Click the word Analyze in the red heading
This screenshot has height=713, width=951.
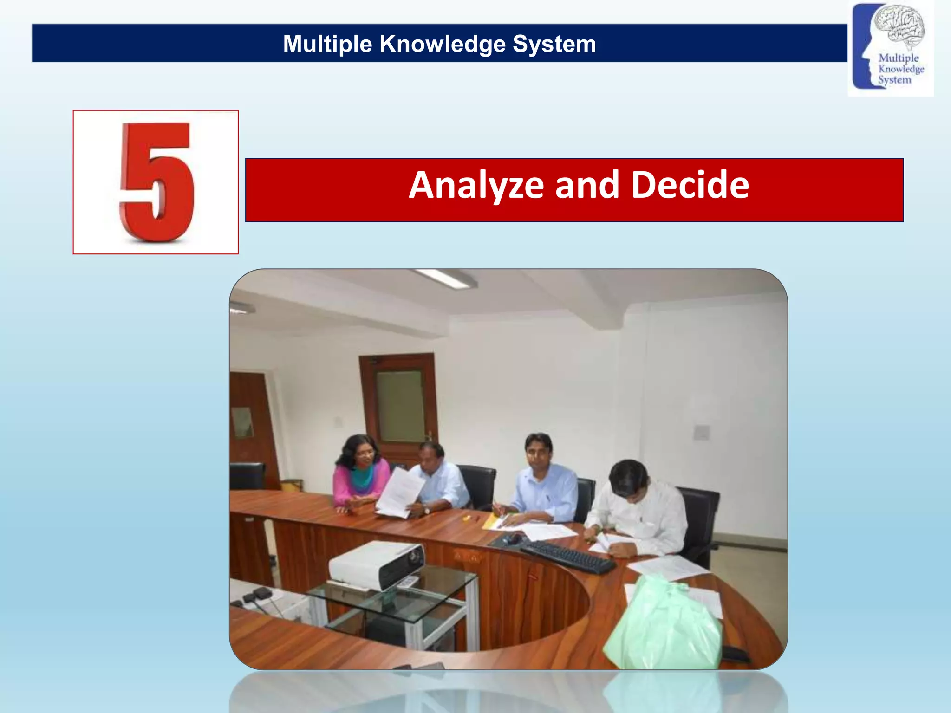pyautogui.click(x=476, y=185)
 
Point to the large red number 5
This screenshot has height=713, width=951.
pyautogui.click(x=156, y=182)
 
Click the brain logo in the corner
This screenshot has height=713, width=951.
pyautogui.click(x=891, y=48)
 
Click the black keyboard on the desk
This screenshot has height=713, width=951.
pyautogui.click(x=568, y=556)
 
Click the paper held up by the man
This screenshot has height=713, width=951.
pyautogui.click(x=399, y=492)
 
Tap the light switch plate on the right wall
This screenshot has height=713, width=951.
pyautogui.click(x=701, y=432)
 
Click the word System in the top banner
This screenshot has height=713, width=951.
pyautogui.click(x=554, y=44)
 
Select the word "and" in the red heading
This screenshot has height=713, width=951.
pyautogui.click(x=587, y=185)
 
